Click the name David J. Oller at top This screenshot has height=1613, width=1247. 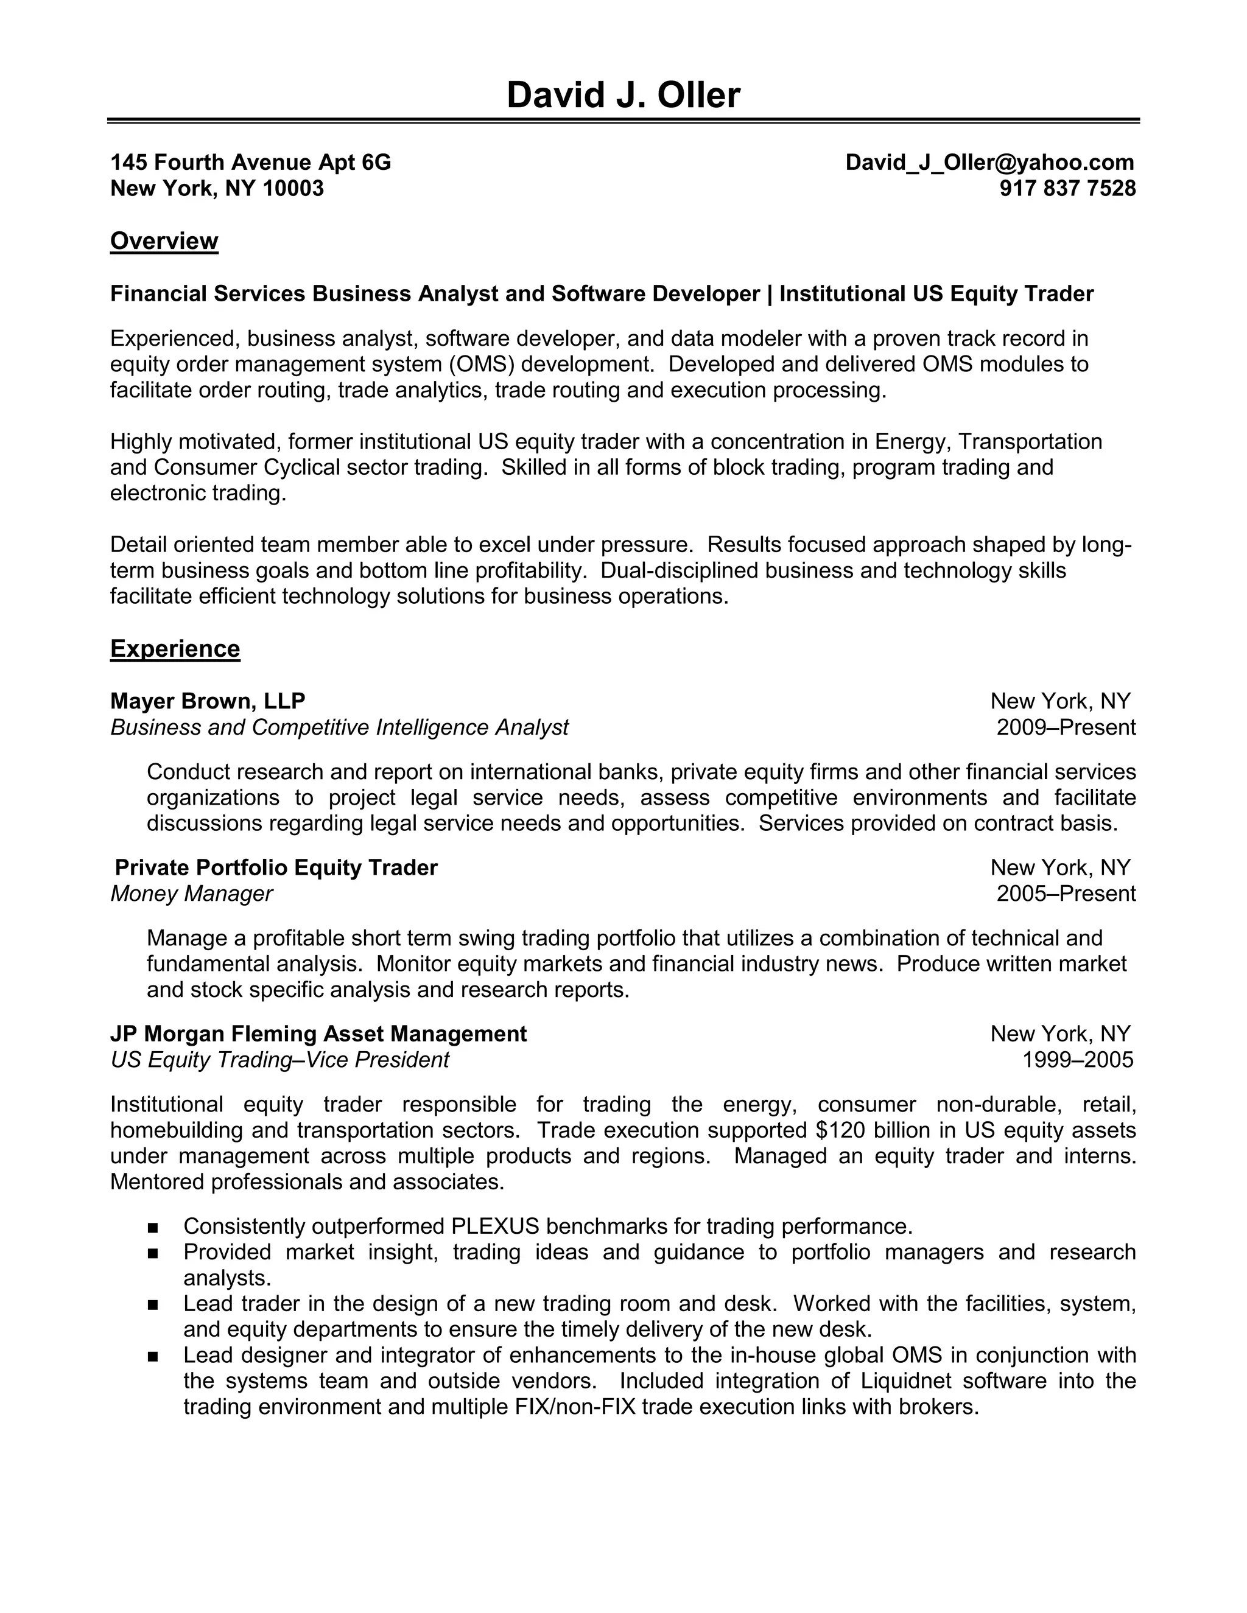coord(623,96)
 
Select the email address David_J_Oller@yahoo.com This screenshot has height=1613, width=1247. coord(989,163)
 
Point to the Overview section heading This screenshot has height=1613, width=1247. coord(164,242)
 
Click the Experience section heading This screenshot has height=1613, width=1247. coord(175,648)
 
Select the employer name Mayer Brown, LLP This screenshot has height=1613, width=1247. coord(208,701)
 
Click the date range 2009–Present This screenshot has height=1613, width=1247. coord(1066,727)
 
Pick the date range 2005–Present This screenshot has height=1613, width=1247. coord(1066,894)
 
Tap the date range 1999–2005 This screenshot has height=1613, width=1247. coord(1077,1060)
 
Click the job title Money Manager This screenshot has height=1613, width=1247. coord(191,894)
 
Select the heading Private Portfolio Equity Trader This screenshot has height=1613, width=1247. coord(276,867)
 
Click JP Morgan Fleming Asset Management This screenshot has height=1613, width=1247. coord(318,1034)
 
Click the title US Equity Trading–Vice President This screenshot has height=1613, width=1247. coord(279,1060)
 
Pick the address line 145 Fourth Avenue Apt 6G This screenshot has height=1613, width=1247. coord(250,163)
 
